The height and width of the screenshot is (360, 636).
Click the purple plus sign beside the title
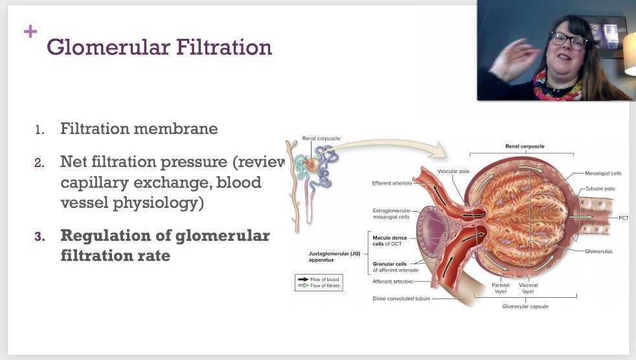pyautogui.click(x=30, y=31)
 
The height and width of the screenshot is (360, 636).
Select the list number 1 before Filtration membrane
pyautogui.click(x=40, y=130)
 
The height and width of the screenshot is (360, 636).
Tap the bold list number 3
pyautogui.click(x=40, y=236)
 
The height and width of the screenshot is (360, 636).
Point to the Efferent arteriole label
pyautogui.click(x=392, y=183)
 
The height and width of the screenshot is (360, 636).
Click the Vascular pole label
pyautogui.click(x=453, y=172)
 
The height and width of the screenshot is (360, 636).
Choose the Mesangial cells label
pyautogui.click(x=603, y=174)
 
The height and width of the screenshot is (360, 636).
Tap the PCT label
pyautogui.click(x=623, y=218)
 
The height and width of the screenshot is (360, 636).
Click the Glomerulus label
pyautogui.click(x=598, y=251)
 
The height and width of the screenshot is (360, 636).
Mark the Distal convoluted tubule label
pyautogui.click(x=401, y=298)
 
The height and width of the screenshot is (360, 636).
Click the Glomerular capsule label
pyautogui.click(x=525, y=306)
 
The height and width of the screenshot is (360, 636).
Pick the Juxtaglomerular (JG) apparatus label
pyautogui.click(x=334, y=257)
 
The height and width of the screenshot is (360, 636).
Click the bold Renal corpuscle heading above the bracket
pyautogui.click(x=525, y=146)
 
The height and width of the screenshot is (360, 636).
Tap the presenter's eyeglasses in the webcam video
pyautogui.click(x=568, y=39)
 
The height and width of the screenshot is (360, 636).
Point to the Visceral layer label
pyautogui.click(x=528, y=288)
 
